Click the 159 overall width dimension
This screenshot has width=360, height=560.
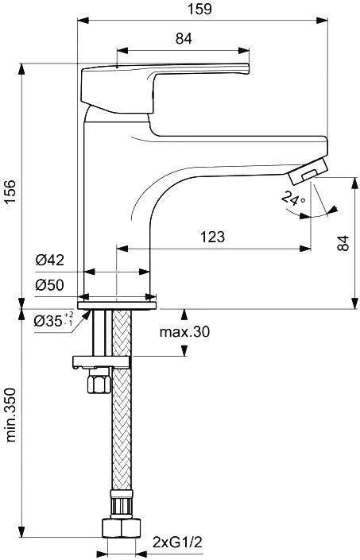[x=200, y=9]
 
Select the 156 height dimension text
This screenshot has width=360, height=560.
[x=10, y=191]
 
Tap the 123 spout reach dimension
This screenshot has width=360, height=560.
[x=212, y=237]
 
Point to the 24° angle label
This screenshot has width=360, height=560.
[x=293, y=198]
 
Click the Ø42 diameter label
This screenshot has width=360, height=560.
[x=50, y=260]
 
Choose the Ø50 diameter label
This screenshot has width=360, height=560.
[x=50, y=285]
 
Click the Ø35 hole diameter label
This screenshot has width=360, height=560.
[x=53, y=320]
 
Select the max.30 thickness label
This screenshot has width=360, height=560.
[x=184, y=332]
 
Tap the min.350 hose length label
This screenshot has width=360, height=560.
[x=10, y=415]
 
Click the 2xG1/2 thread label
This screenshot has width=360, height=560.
[x=177, y=543]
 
